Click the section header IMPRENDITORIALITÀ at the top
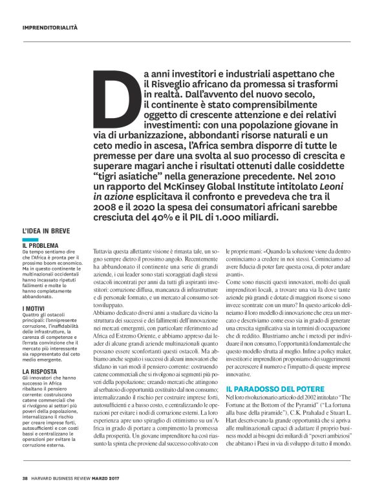50,28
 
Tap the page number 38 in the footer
25,478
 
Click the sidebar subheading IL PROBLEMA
41,245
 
